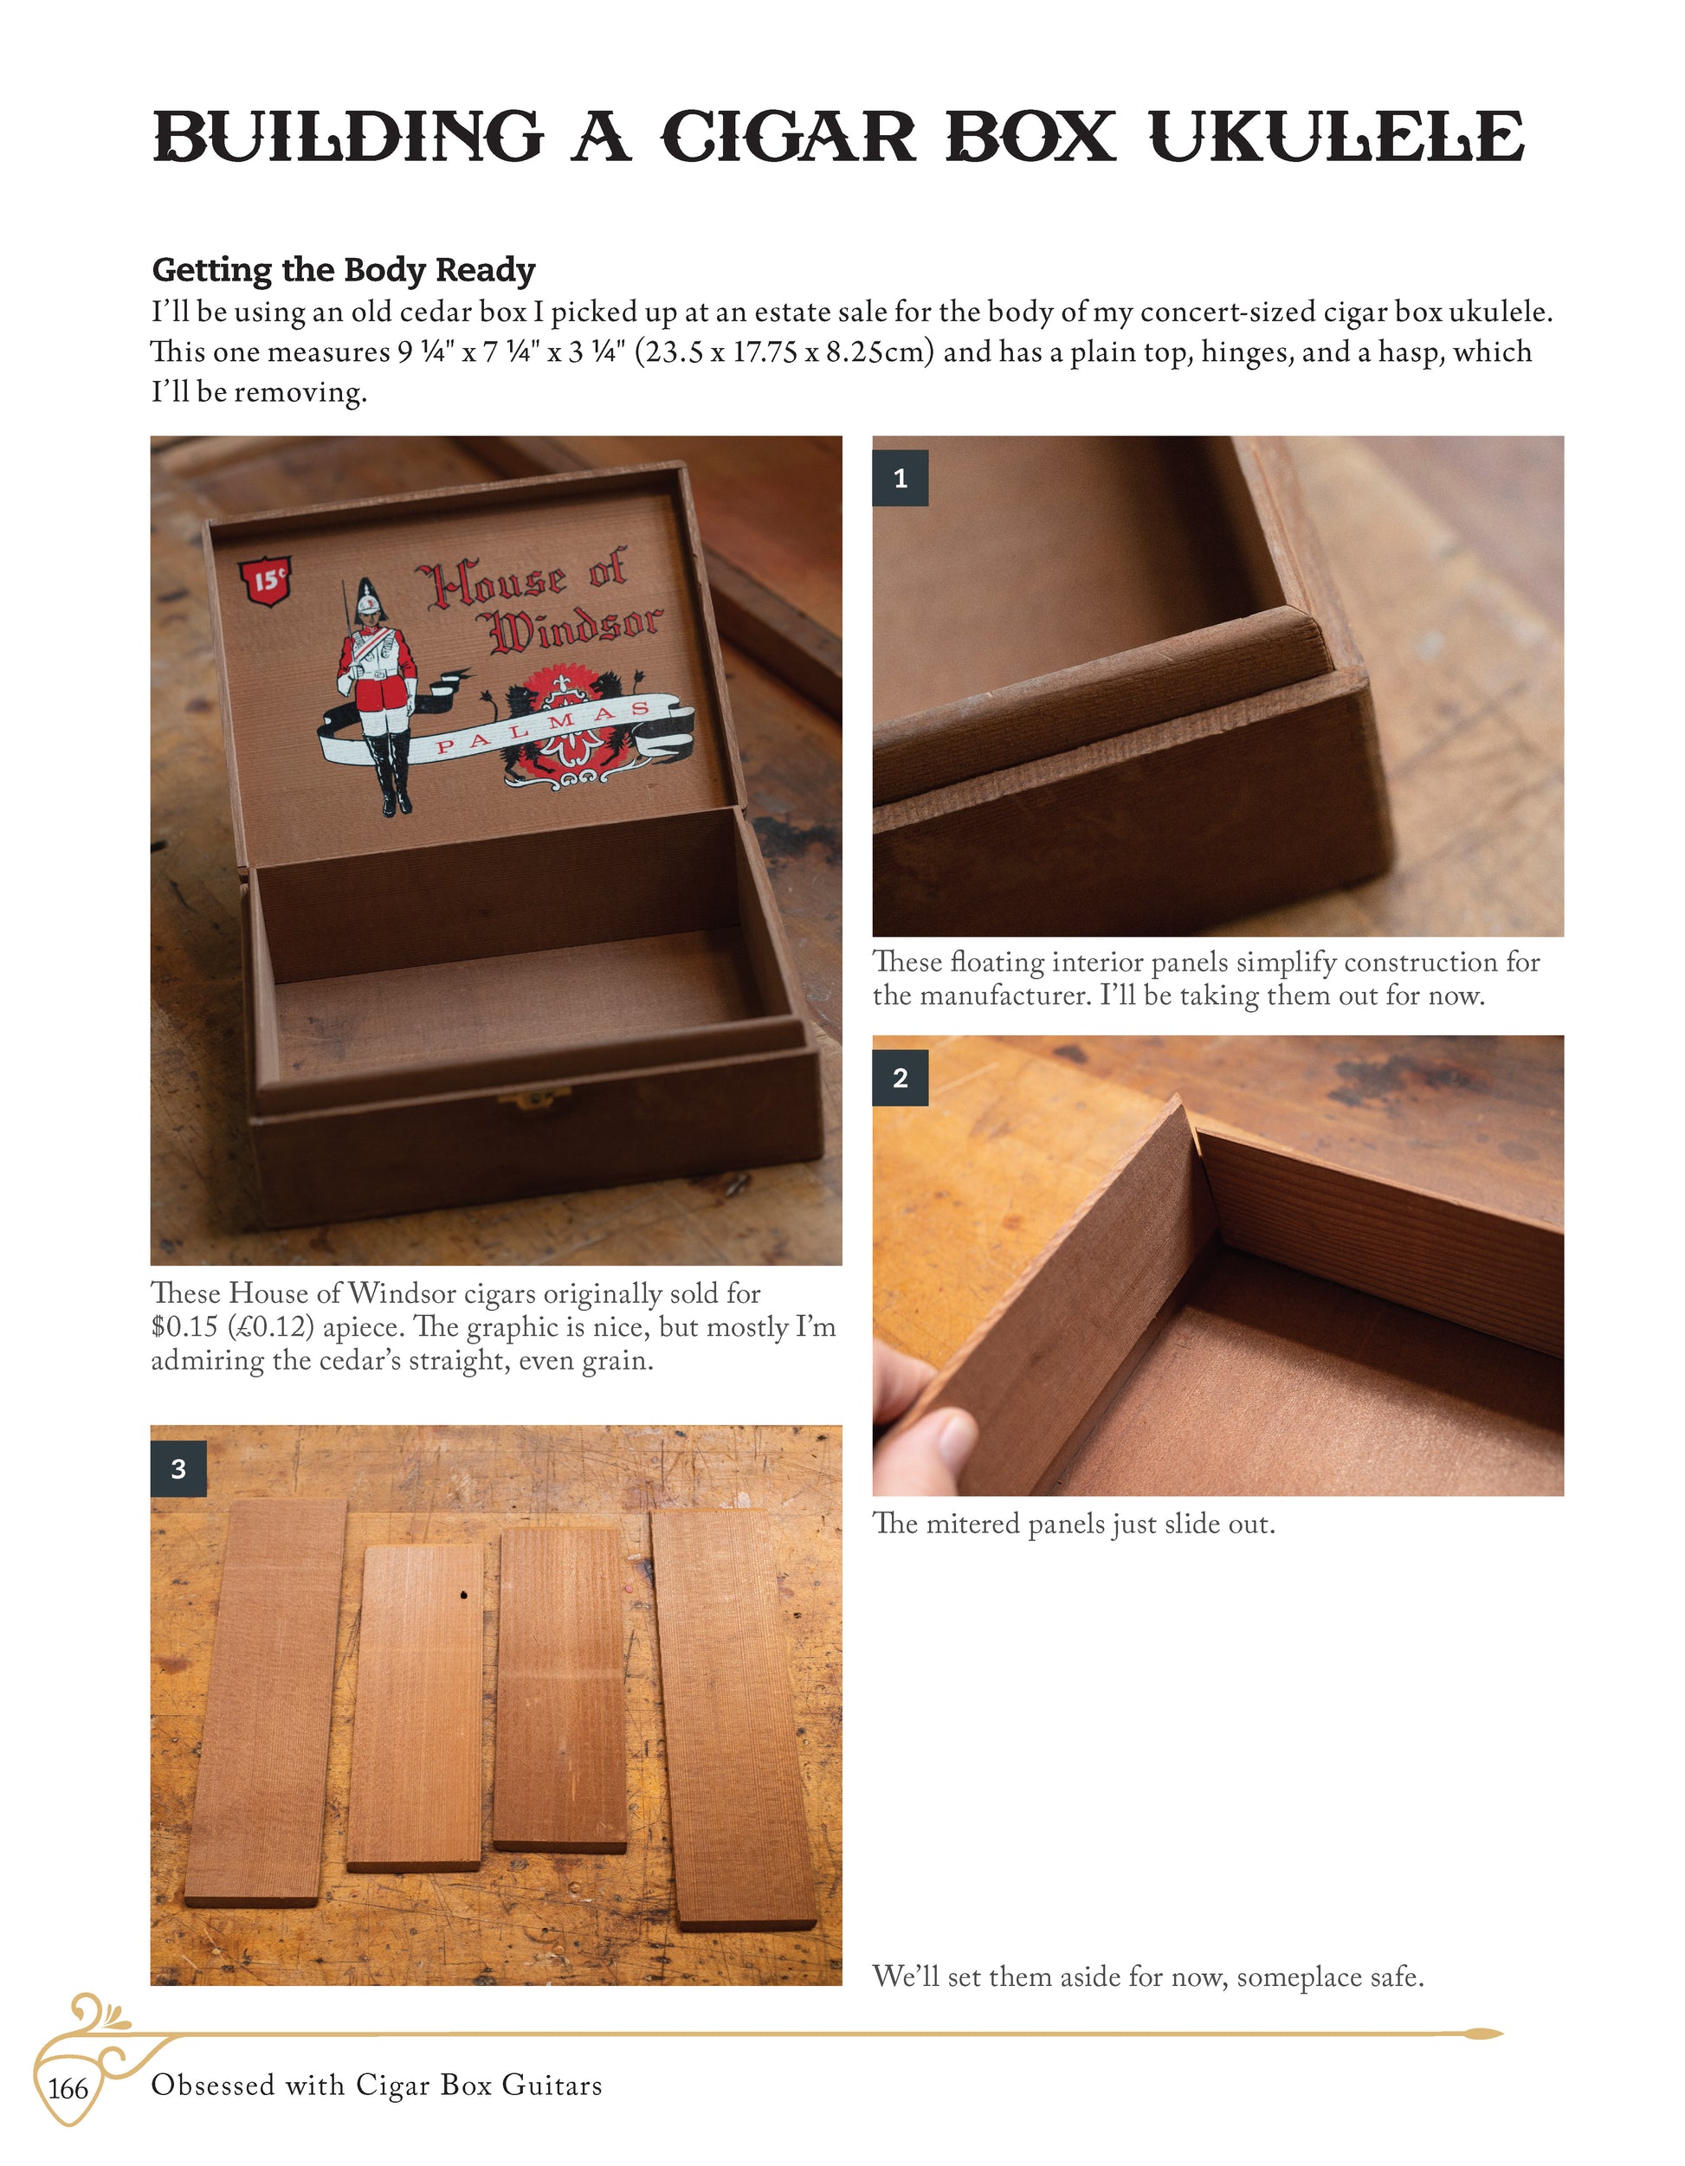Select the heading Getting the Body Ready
pyautogui.click(x=343, y=270)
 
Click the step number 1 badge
pyautogui.click(x=901, y=478)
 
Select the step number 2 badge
pyautogui.click(x=901, y=1078)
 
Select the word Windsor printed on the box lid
pyautogui.click(x=575, y=628)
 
